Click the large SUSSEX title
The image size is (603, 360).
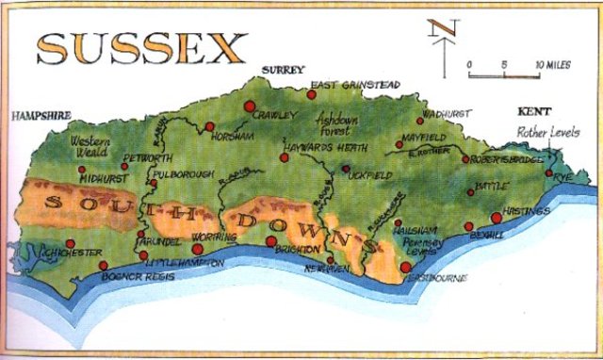(x=141, y=44)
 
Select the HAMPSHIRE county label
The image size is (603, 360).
(x=41, y=116)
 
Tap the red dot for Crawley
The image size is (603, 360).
(x=250, y=106)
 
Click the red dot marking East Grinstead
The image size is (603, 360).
(x=312, y=94)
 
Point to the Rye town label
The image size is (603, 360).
(x=563, y=178)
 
